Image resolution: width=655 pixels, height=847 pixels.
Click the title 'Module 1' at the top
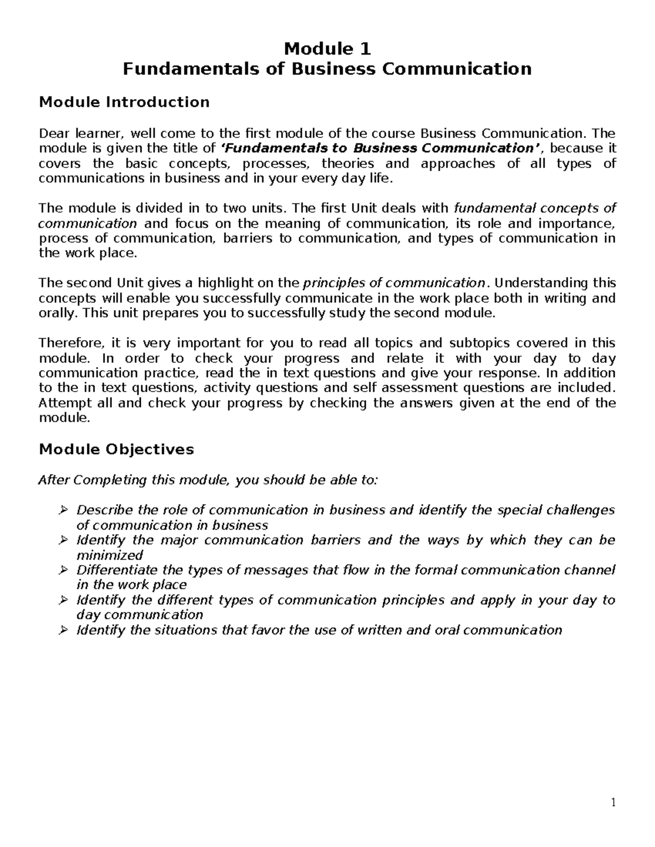[x=327, y=49]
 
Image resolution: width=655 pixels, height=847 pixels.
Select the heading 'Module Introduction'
[x=124, y=102]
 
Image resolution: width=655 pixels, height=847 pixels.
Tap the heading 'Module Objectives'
[x=116, y=449]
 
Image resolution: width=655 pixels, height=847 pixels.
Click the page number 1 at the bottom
[x=613, y=802]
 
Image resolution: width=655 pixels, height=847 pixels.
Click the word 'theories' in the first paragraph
[x=348, y=164]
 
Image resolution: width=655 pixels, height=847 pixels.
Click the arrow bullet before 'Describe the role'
[x=63, y=510]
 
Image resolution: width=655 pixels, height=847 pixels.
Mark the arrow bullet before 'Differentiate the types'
[x=63, y=570]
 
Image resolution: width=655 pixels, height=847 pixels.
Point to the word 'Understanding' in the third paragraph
[x=541, y=283]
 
